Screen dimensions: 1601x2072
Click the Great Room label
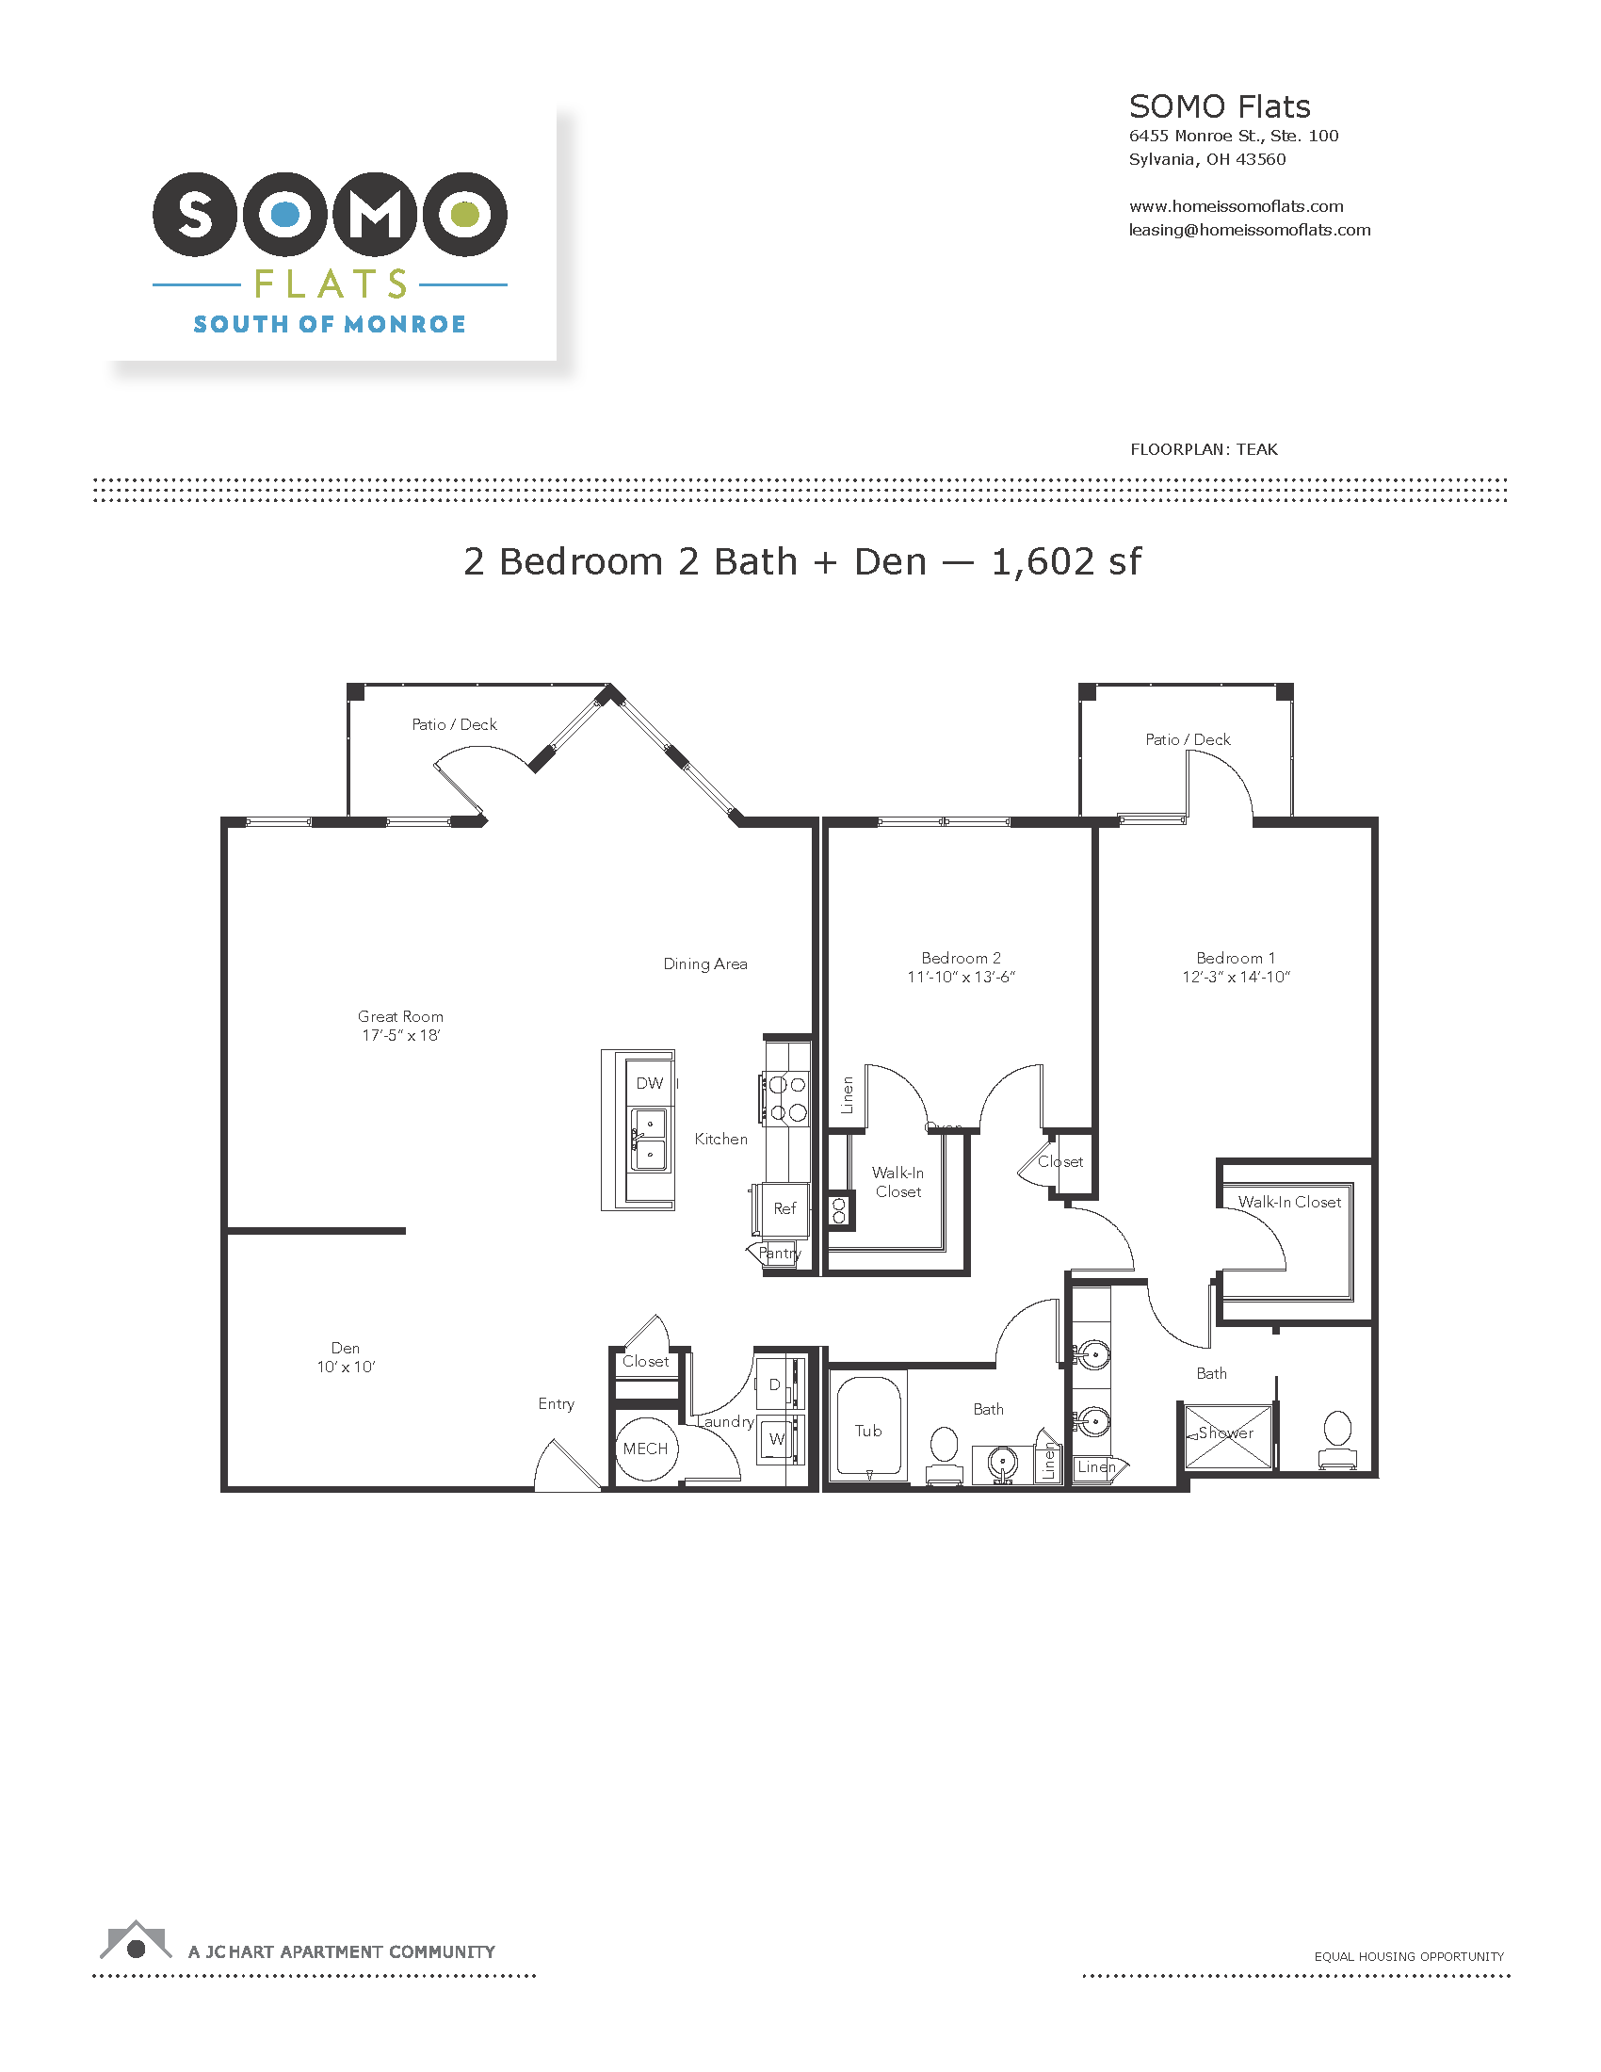coord(400,1016)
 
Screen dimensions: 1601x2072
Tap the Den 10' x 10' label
coord(347,1356)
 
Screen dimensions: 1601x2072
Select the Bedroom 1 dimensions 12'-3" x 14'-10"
coord(1236,978)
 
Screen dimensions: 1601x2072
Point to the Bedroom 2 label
coord(961,958)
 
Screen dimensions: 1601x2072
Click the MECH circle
coord(646,1449)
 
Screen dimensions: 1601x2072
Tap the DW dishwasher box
coord(650,1083)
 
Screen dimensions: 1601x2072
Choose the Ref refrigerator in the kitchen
coord(784,1208)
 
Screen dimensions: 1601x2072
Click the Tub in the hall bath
coord(869,1429)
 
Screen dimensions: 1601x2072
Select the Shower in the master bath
coord(1227,1436)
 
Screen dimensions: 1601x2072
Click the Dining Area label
coord(704,963)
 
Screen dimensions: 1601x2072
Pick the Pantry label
coord(780,1254)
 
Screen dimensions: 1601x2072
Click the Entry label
coord(556,1404)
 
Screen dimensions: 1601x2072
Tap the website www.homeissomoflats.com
coord(1236,206)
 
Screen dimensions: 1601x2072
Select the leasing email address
coord(1249,230)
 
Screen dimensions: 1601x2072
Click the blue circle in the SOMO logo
coord(284,215)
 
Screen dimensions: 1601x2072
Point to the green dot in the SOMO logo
coord(464,215)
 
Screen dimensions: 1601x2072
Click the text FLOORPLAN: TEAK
coord(1204,449)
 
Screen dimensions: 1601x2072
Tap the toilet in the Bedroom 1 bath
coord(1337,1440)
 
